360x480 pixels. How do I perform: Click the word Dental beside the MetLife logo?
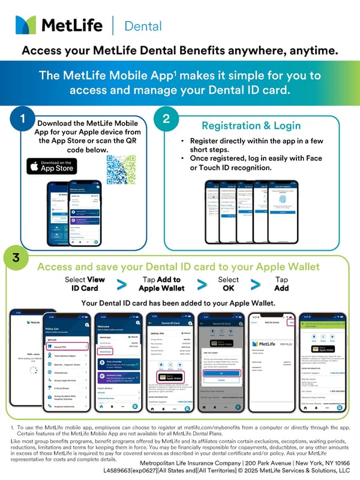142,26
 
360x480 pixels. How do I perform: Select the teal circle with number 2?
166,118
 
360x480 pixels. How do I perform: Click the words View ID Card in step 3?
84,284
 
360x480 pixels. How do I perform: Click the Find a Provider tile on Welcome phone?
113,363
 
